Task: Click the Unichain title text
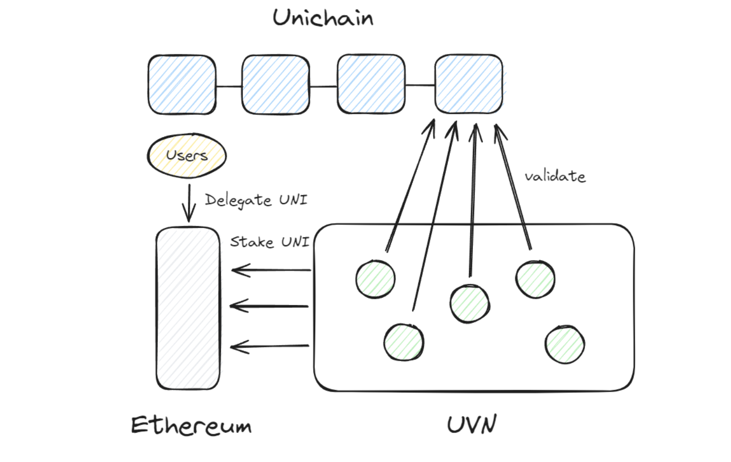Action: (323, 18)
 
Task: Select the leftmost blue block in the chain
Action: (182, 85)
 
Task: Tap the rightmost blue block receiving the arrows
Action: (468, 84)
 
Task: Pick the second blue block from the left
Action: (276, 85)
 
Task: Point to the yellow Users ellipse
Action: (187, 156)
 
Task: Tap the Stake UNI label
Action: (269, 242)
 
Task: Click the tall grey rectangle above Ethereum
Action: (188, 308)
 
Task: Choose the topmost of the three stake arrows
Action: (271, 270)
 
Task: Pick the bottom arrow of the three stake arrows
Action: (270, 347)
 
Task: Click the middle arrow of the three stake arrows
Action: (270, 306)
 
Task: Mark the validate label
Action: (555, 177)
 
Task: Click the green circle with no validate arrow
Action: (564, 344)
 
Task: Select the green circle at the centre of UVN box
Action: (469, 303)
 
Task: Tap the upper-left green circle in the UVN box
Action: (376, 279)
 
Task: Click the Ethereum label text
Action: (191, 426)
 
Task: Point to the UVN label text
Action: (472, 425)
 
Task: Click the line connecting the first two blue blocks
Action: (229, 86)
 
